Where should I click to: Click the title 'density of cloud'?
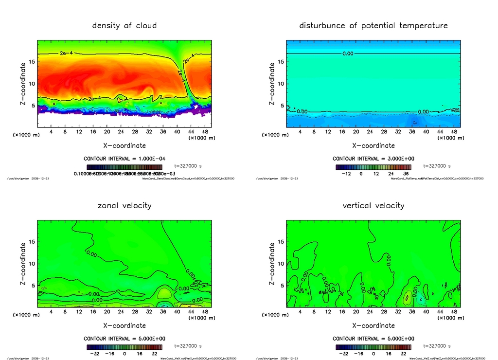coord(124,25)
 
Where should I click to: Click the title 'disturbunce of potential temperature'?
coord(373,25)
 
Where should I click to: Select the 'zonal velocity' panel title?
coord(124,205)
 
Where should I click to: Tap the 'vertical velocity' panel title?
coord(373,205)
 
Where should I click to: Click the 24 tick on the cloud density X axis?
coord(121,131)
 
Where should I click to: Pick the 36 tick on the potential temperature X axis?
coord(412,131)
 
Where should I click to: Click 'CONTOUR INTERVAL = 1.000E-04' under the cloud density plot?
coord(124,159)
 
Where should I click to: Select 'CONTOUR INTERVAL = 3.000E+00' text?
coord(373,159)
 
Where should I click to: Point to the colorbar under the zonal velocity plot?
coord(124,347)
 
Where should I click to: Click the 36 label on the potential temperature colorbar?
coord(405,173)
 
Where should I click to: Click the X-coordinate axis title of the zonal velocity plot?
coord(124,324)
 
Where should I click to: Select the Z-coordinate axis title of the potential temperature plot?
coord(272,84)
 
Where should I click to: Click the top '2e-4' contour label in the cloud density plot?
coord(66,53)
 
